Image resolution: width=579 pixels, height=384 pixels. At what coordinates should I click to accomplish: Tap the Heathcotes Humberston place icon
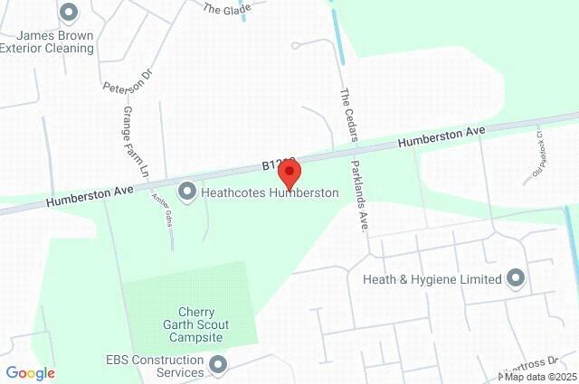187,191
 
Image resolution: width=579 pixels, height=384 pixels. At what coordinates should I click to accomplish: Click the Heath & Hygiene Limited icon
517,278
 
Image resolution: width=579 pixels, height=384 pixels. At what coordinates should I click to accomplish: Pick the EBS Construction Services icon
217,366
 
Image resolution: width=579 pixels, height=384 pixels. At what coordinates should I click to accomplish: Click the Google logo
30,373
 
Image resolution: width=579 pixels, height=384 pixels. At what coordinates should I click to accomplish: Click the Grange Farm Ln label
134,141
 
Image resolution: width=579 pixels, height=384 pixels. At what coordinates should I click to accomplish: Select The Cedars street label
349,115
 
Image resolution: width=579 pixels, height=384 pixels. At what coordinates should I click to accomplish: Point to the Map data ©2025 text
541,377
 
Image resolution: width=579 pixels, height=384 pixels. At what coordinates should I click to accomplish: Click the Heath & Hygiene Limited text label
432,279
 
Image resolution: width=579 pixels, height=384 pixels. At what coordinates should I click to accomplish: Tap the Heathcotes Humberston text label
270,192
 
